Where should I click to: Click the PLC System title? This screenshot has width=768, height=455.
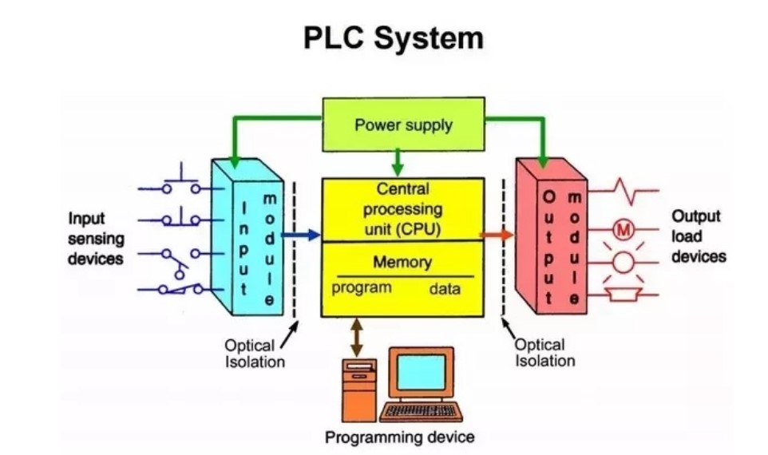[x=393, y=38]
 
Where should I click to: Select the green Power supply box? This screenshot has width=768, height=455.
[x=403, y=125]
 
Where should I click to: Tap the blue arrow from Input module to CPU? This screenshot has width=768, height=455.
[x=303, y=234]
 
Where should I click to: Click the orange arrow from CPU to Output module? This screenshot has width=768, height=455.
[x=497, y=235]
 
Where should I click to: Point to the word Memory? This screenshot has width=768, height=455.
[x=402, y=262]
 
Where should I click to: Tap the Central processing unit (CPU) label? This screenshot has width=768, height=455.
[x=402, y=210]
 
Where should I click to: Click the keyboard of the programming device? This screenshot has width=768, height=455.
[x=421, y=411]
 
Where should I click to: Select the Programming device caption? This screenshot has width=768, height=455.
[x=399, y=437]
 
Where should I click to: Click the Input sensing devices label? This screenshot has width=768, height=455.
[x=95, y=238]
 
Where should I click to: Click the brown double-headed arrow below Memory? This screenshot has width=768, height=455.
[x=357, y=335]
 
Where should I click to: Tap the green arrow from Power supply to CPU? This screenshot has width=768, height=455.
[x=398, y=163]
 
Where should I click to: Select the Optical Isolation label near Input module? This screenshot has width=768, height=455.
[x=254, y=354]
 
